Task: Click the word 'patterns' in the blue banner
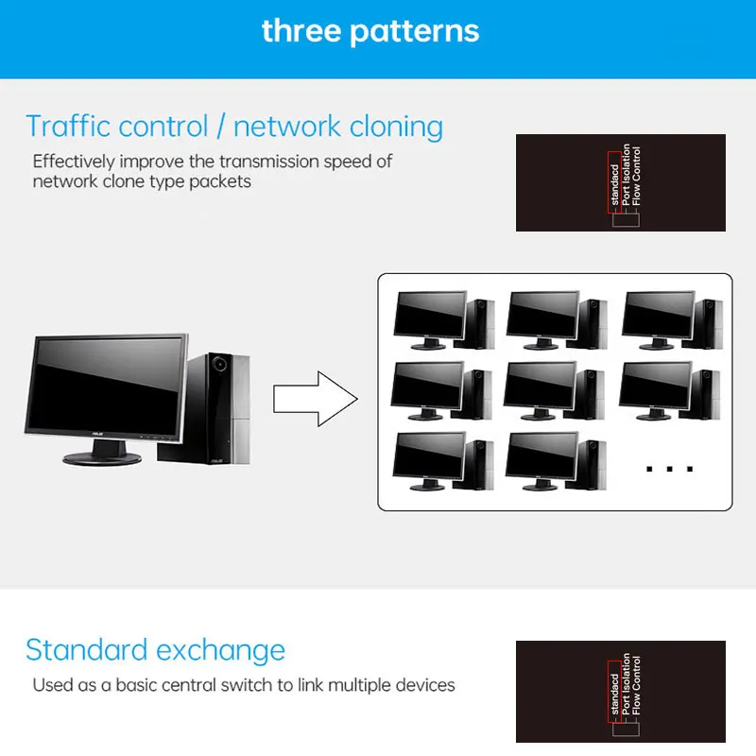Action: pos(414,32)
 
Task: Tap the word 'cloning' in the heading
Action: pos(396,128)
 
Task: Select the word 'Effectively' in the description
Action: pos(74,162)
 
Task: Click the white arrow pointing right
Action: pos(316,399)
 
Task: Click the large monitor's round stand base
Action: pos(102,458)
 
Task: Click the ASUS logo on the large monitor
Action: pos(97,434)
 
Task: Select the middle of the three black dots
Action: pos(669,469)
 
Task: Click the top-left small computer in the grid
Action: pos(444,319)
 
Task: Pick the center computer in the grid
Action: pos(554,390)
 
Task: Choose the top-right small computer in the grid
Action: pos(672,319)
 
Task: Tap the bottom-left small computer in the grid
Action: pos(443,461)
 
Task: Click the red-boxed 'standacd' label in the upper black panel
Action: pos(614,182)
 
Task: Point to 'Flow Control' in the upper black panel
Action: pos(636,176)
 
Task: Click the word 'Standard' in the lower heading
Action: pos(87,650)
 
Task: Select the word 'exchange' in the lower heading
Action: pos(221,651)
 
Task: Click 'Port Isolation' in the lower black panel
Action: pos(626,684)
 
